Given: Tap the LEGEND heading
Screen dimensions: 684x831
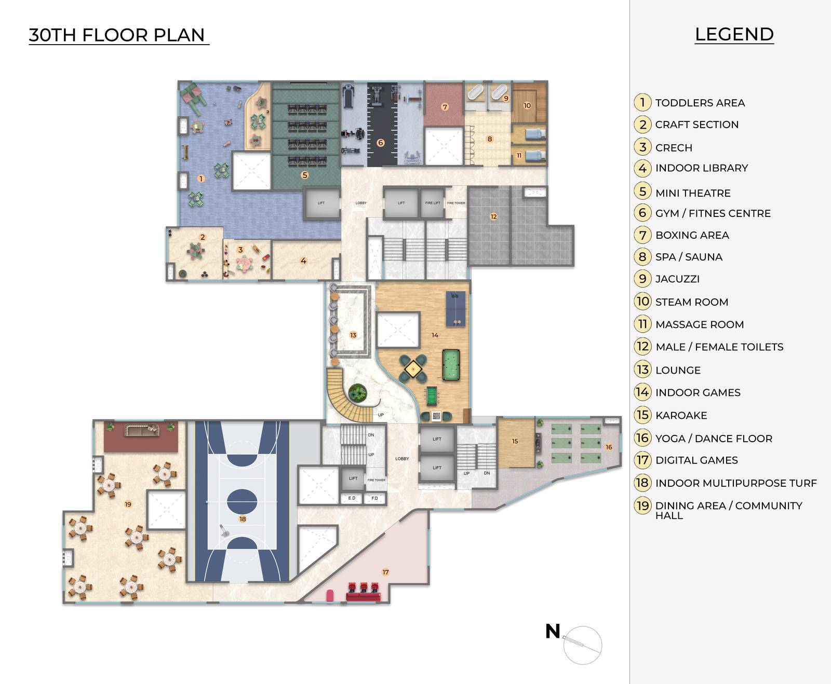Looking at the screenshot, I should (734, 34).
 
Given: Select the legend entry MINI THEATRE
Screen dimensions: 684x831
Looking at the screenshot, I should (692, 193).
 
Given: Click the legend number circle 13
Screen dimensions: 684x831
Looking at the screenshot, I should (642, 370).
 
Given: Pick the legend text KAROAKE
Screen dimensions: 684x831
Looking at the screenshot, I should (681, 415).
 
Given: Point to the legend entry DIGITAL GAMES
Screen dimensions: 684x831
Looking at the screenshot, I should (696, 460).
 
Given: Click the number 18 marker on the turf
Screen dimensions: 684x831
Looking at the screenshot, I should (243, 518).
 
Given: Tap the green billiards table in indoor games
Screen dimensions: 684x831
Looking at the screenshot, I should (451, 364).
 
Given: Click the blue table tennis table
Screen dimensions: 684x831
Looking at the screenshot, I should (456, 307).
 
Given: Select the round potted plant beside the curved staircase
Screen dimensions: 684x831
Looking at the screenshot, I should (357, 393).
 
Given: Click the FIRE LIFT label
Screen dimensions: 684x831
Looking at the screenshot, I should (432, 203).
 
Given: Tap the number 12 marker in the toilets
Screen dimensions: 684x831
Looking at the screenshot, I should (493, 216).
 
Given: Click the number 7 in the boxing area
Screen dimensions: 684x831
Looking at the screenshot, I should (445, 107).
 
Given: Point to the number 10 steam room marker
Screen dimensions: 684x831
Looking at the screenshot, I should (527, 105).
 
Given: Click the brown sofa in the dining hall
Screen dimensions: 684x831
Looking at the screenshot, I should (140, 430).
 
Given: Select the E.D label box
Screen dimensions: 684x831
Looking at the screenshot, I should (352, 498).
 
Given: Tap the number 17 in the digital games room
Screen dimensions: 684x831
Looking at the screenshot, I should (385, 572).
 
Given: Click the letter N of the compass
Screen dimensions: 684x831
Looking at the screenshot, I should (553, 631).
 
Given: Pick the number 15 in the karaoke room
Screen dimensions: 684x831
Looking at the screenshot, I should (515, 441).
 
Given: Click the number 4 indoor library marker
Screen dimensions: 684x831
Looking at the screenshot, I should (303, 261).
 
